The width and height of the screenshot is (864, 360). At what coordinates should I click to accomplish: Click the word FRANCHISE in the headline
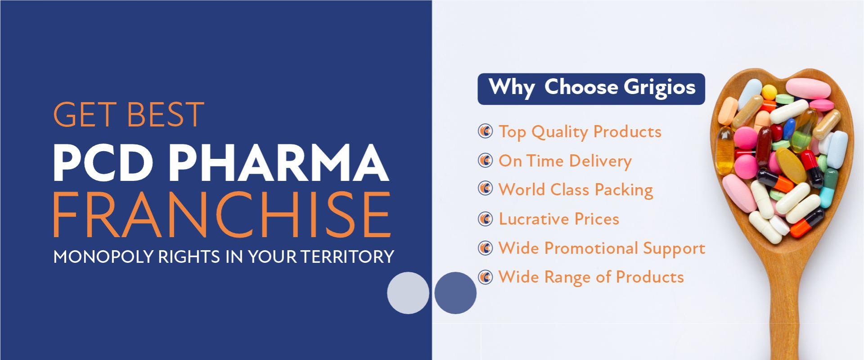pos(222,215)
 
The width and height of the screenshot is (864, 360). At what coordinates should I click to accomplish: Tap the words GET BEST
pos(129,115)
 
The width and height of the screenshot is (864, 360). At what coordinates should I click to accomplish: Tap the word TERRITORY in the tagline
pos(347,257)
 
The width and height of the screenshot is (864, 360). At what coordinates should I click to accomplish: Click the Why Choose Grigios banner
pos(591,89)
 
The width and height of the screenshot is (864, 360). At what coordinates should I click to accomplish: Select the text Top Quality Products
pos(580,132)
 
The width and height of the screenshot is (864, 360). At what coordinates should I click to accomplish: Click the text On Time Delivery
pos(565,161)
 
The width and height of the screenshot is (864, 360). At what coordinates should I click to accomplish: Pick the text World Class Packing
pos(576,190)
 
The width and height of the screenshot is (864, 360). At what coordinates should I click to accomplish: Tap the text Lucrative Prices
pos(559,219)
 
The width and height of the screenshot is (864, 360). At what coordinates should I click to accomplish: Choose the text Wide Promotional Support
pos(602,248)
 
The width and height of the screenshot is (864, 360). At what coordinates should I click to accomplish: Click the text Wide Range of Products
pos(591,277)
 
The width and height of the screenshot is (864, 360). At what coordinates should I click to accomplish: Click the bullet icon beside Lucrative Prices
pos(485,219)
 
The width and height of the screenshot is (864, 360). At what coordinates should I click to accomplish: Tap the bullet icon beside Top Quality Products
pos(485,131)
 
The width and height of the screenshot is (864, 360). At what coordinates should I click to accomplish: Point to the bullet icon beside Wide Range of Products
pos(485,277)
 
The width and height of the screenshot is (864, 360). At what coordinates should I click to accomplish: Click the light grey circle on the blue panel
pos(408,293)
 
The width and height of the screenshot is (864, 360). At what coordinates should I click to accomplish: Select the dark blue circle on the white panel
pos(455,293)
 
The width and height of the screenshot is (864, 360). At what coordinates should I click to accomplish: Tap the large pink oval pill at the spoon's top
pos(808,89)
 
